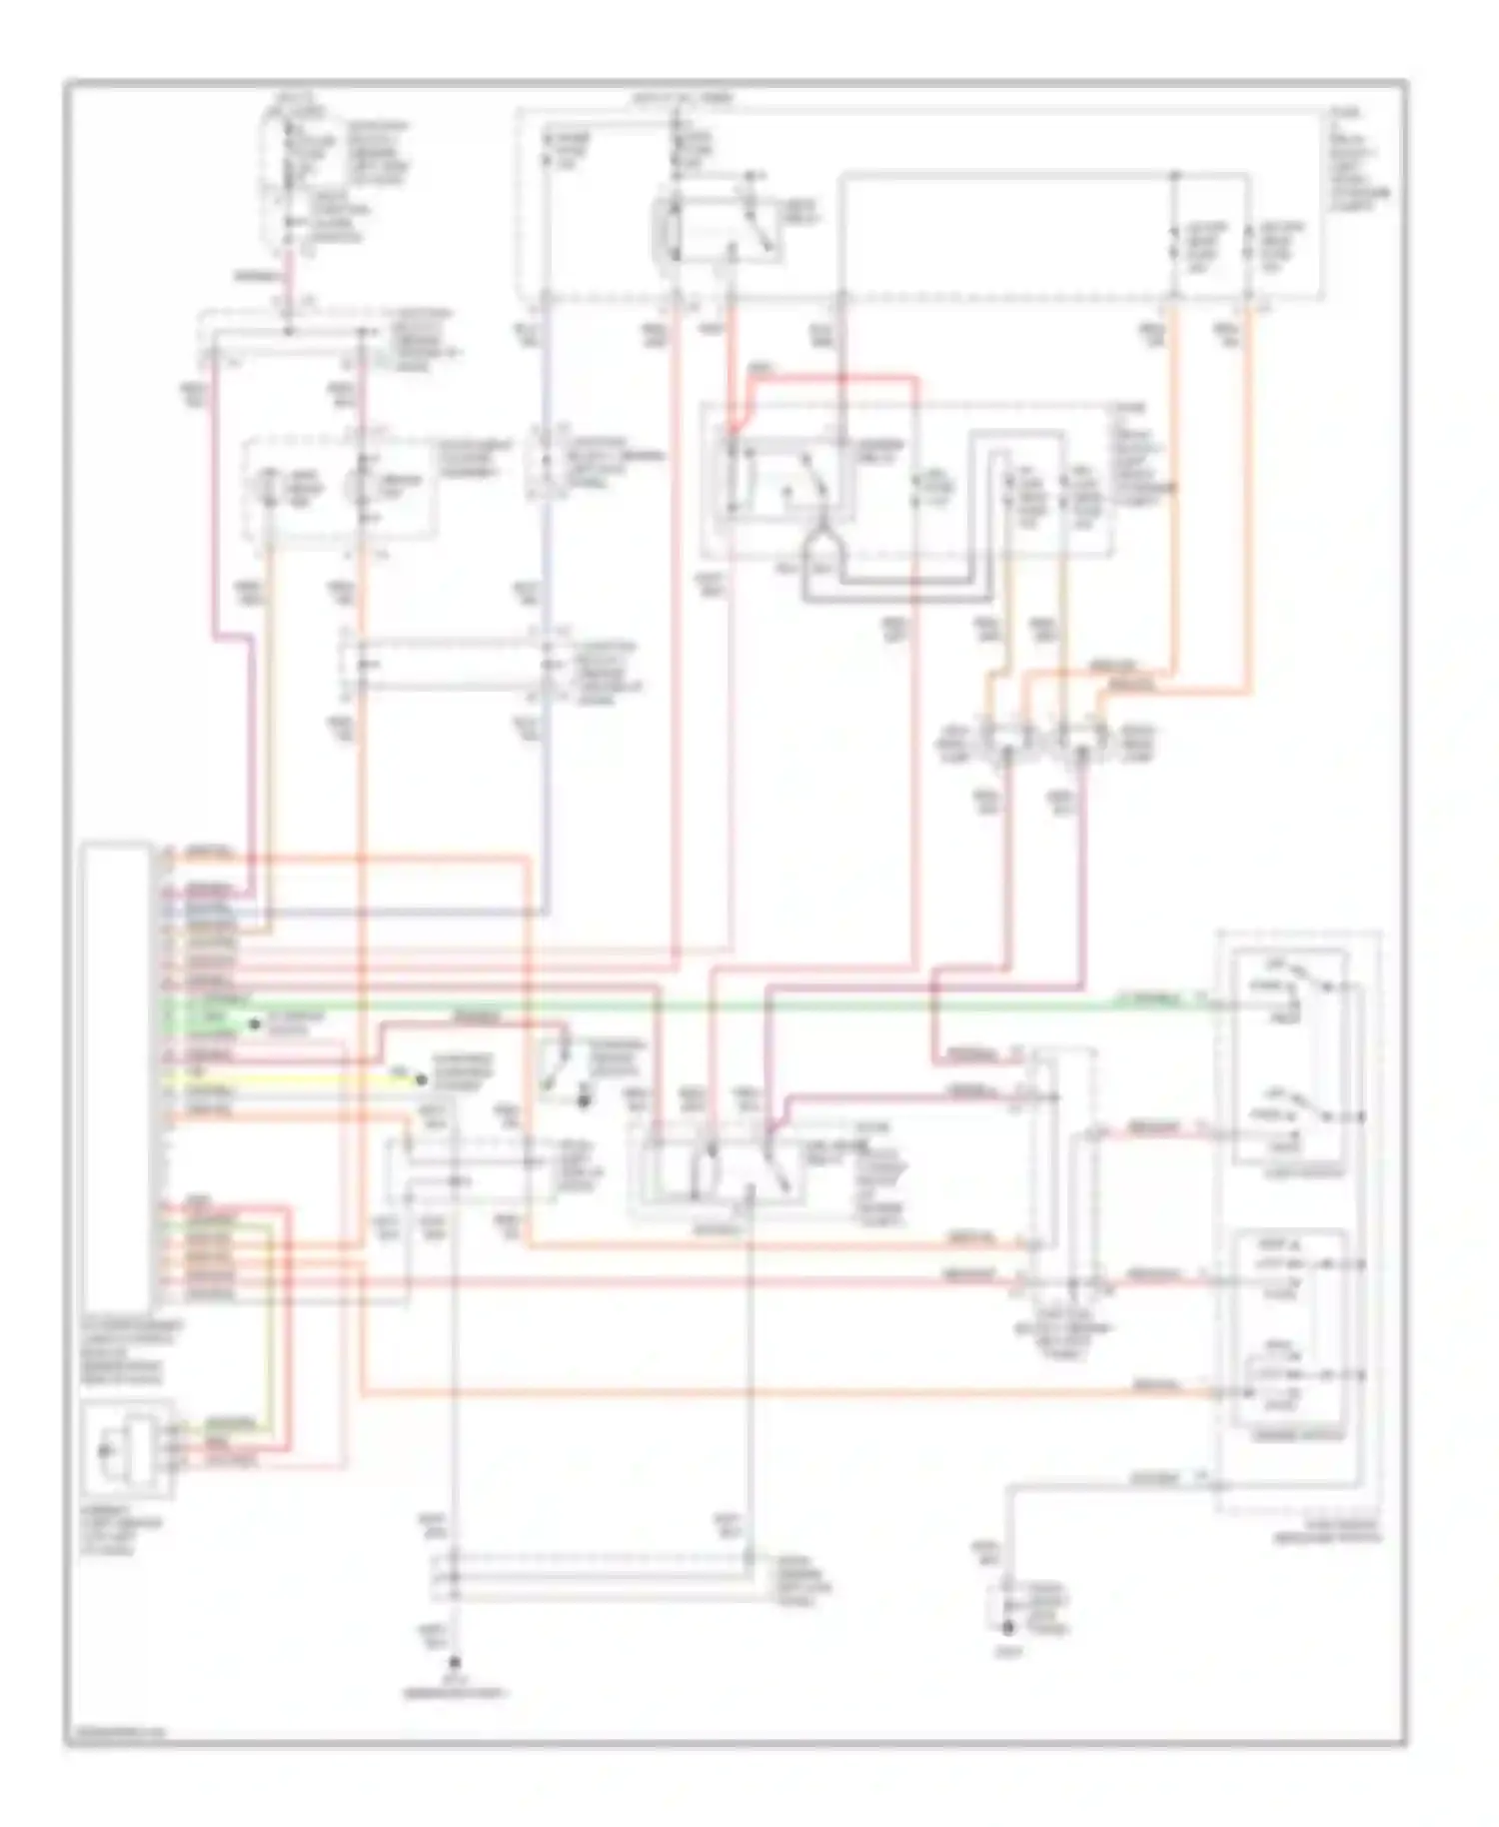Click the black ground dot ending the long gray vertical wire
pos(455,1662)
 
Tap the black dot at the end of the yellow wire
pos(421,1079)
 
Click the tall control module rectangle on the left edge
pos(118,1074)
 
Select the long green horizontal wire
pos(700,1005)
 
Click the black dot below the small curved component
pos(584,1100)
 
